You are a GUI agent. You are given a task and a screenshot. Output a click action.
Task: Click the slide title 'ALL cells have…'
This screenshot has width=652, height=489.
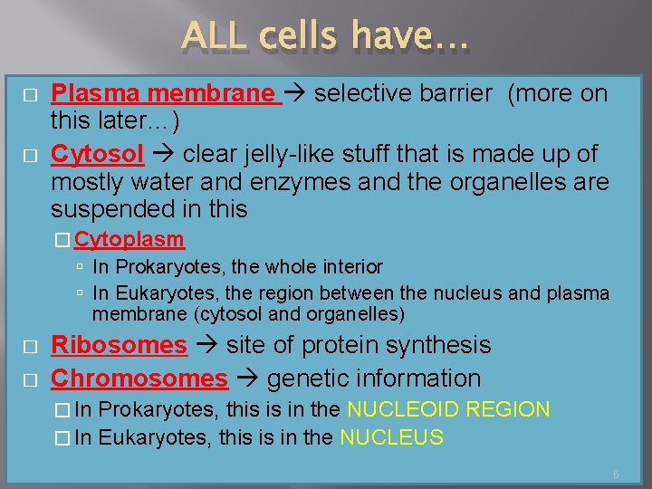point(326,36)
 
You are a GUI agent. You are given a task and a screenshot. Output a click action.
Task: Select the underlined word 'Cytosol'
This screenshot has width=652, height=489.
point(97,155)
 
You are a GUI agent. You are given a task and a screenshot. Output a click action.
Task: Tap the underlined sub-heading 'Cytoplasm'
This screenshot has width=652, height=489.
point(129,240)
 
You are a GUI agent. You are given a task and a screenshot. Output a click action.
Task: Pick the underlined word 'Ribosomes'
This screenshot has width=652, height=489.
point(119,345)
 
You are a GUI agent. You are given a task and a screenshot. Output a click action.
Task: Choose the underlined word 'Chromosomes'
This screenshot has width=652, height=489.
point(139,379)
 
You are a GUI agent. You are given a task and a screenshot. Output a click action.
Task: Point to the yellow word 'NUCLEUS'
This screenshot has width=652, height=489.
point(391,438)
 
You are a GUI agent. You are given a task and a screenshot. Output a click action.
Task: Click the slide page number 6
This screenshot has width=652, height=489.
point(616,475)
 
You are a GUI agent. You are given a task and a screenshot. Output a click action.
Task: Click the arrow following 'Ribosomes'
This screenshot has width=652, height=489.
point(206,346)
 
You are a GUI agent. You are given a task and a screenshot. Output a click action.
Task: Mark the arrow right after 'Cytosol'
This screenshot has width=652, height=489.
point(162,156)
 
